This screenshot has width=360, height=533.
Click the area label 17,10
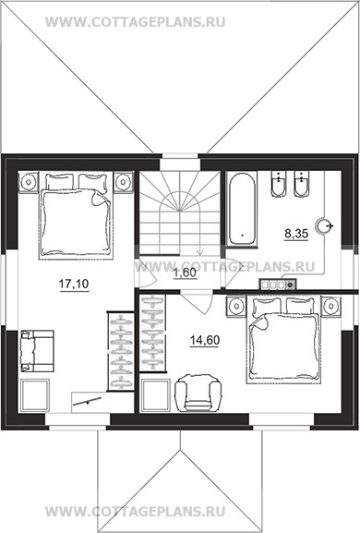(x=74, y=285)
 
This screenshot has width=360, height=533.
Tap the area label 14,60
(x=205, y=340)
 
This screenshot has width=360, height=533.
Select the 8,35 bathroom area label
(x=296, y=234)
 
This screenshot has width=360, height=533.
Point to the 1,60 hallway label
(x=186, y=273)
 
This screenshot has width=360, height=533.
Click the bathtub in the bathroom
(x=242, y=209)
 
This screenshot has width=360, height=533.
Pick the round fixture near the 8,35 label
(x=323, y=225)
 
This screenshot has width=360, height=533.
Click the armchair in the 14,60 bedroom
(x=198, y=393)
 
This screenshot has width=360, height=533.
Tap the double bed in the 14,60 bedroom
(x=282, y=341)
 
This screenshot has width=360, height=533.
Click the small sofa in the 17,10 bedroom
(x=37, y=351)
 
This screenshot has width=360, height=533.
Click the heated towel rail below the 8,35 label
(x=278, y=285)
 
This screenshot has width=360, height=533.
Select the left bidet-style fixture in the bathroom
(x=279, y=184)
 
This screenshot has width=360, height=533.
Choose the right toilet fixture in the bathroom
(x=302, y=184)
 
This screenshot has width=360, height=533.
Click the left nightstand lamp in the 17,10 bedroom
(x=29, y=182)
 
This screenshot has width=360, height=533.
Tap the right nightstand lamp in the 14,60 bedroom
(x=330, y=307)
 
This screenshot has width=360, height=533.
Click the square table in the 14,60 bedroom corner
(x=156, y=395)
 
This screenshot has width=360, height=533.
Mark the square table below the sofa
(x=35, y=395)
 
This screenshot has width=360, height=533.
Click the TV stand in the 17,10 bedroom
(x=102, y=403)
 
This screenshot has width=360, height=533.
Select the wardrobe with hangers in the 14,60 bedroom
(x=152, y=333)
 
